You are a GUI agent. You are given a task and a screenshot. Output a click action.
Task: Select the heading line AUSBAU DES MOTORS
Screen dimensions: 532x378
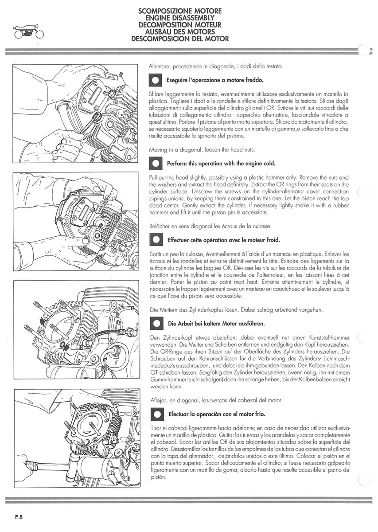tap(180, 32)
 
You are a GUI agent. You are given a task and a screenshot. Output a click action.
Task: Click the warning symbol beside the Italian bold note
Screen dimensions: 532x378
tap(156, 81)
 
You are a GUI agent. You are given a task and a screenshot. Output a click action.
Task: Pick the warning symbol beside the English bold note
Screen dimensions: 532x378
tap(156, 163)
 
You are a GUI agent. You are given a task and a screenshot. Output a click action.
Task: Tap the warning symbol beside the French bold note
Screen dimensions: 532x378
tap(156, 240)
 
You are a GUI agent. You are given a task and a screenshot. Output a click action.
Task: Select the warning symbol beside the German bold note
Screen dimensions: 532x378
tap(156, 323)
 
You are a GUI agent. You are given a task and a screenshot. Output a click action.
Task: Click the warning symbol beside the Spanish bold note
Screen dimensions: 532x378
tap(156, 415)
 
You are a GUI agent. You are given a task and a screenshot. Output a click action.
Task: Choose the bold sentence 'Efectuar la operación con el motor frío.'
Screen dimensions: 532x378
tap(217, 415)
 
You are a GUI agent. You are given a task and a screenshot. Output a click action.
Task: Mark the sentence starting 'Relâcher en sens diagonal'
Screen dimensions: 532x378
tap(210, 226)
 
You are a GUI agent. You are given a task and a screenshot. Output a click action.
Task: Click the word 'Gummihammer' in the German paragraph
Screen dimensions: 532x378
tap(168, 379)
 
